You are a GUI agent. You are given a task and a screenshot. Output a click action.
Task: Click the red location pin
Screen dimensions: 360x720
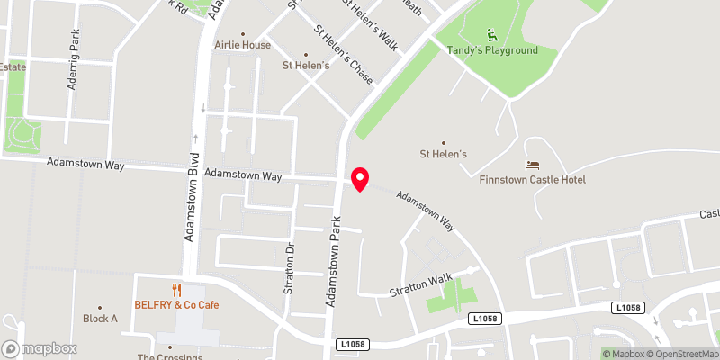coord(360,179)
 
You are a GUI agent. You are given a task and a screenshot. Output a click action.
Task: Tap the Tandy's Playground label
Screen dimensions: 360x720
coord(492,50)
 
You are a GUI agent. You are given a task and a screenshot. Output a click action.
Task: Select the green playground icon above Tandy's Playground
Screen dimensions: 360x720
coord(491,35)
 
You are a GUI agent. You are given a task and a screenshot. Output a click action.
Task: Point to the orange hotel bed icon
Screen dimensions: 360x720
coord(532,166)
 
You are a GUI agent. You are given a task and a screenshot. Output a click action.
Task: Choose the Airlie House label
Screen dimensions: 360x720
coord(242,44)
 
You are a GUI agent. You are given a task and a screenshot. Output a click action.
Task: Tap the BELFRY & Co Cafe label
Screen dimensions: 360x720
coord(176,305)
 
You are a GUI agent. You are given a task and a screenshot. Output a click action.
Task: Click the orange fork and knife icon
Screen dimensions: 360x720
coord(176,290)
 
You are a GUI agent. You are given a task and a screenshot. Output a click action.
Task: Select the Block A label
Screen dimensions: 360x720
coord(100,319)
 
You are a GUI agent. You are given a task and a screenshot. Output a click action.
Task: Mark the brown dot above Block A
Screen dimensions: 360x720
coord(100,307)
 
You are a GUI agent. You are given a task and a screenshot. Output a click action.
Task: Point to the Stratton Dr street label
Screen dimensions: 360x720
coord(290,263)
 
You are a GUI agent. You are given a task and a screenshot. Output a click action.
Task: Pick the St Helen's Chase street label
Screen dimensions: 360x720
coord(343,49)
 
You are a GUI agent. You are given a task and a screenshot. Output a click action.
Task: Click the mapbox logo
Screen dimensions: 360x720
coord(39,348)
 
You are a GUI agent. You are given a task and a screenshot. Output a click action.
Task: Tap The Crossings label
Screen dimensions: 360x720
coord(169,356)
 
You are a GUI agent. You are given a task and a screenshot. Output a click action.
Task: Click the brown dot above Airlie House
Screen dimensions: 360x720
coord(242,33)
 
